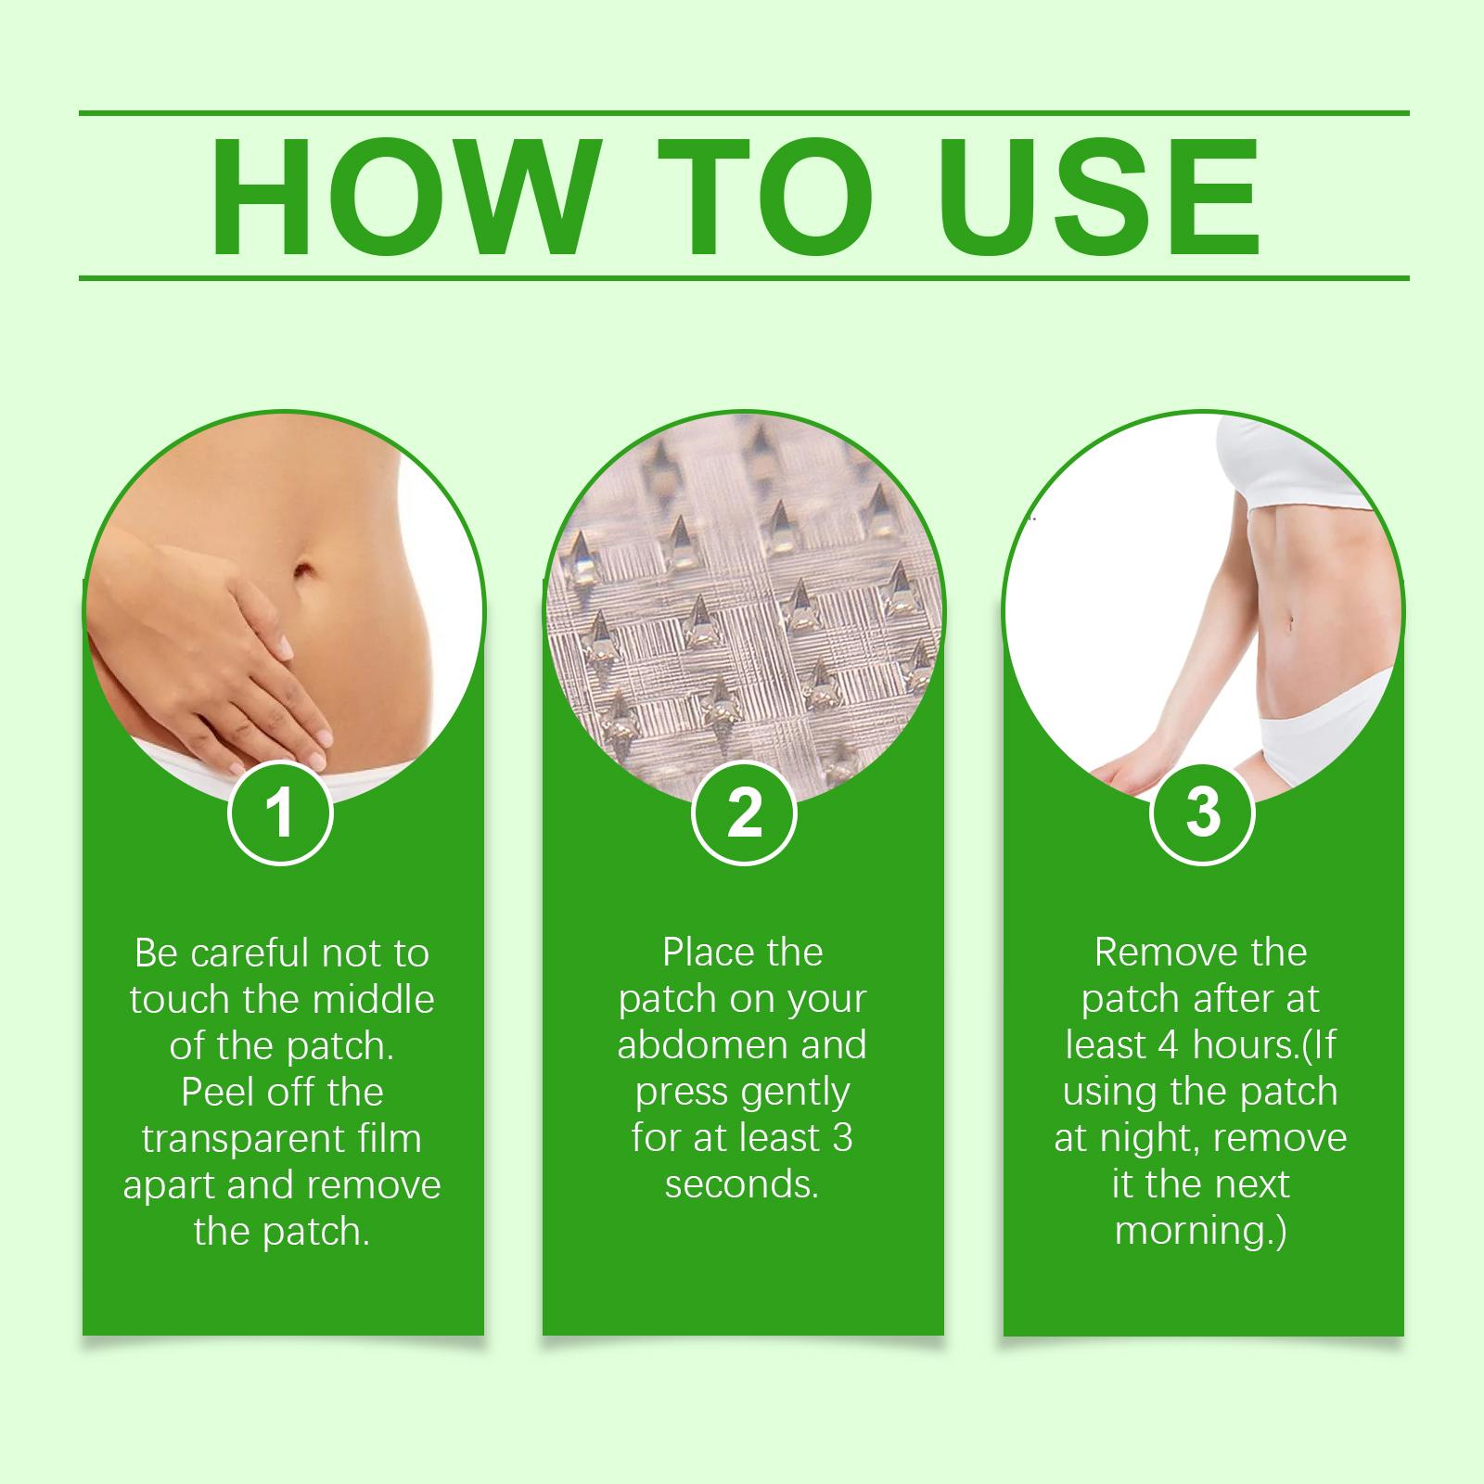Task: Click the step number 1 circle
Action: click(280, 812)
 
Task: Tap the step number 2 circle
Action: click(744, 812)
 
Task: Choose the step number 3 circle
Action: click(1203, 812)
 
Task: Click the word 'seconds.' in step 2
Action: click(743, 1185)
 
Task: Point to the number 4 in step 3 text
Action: click(1167, 1046)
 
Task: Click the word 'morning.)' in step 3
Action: click(1201, 1232)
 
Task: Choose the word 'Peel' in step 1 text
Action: click(216, 1093)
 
